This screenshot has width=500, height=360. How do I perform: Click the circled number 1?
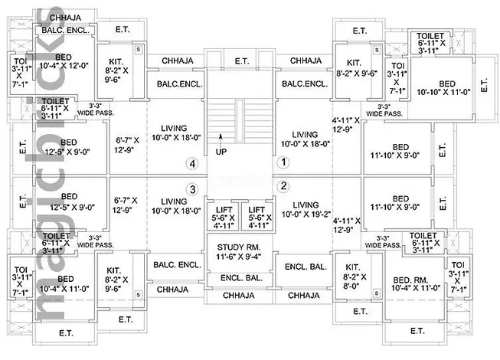pos(283,162)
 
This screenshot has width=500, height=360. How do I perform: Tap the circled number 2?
pos(283,185)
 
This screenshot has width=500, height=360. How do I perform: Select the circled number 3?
pos(193,189)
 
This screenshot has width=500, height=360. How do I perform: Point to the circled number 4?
pos(193,162)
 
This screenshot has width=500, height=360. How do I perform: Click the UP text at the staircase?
pos(221,152)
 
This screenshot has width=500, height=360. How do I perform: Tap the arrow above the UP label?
pos(221,139)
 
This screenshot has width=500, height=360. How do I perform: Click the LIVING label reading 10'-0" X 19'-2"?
pos(306,205)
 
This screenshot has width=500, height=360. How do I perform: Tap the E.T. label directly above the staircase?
pos(242,61)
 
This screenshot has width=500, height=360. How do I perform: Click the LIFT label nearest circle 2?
pos(257,209)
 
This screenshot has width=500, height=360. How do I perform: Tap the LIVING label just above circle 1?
pos(304,134)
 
